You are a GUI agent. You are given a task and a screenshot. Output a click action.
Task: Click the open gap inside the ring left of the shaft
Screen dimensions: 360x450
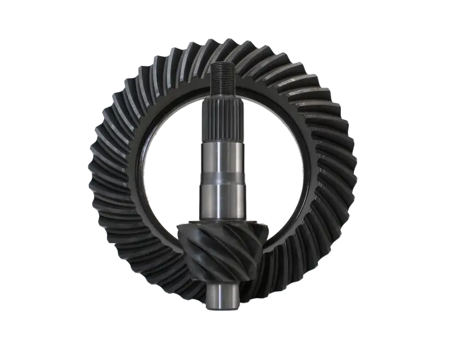click(169, 169)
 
